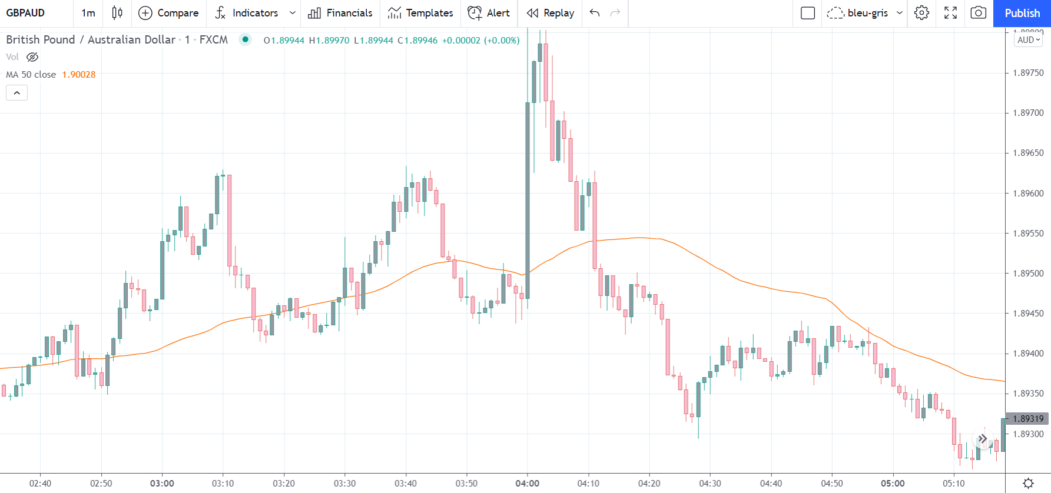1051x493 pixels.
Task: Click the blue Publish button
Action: coord(1022,13)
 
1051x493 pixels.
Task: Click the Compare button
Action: coord(168,13)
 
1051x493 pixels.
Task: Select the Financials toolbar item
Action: coord(340,13)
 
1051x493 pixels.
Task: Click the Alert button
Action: coord(489,13)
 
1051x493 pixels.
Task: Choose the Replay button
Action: coord(551,13)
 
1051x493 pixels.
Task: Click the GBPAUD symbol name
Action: coord(25,13)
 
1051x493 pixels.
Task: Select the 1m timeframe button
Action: coord(88,13)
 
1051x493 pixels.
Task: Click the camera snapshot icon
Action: coord(978,13)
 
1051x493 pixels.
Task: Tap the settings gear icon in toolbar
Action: coord(921,13)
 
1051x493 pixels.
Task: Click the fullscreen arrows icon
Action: coord(950,13)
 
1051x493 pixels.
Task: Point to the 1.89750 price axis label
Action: coord(1028,73)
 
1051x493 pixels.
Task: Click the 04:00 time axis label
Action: coord(527,484)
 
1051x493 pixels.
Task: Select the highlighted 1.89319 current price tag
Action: coord(1028,419)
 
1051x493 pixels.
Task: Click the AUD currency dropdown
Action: coord(1028,40)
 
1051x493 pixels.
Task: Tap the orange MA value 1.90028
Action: coord(79,75)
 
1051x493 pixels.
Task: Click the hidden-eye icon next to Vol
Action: coord(32,57)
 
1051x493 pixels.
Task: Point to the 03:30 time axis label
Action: coord(344,484)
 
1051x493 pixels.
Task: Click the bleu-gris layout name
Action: coord(867,13)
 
